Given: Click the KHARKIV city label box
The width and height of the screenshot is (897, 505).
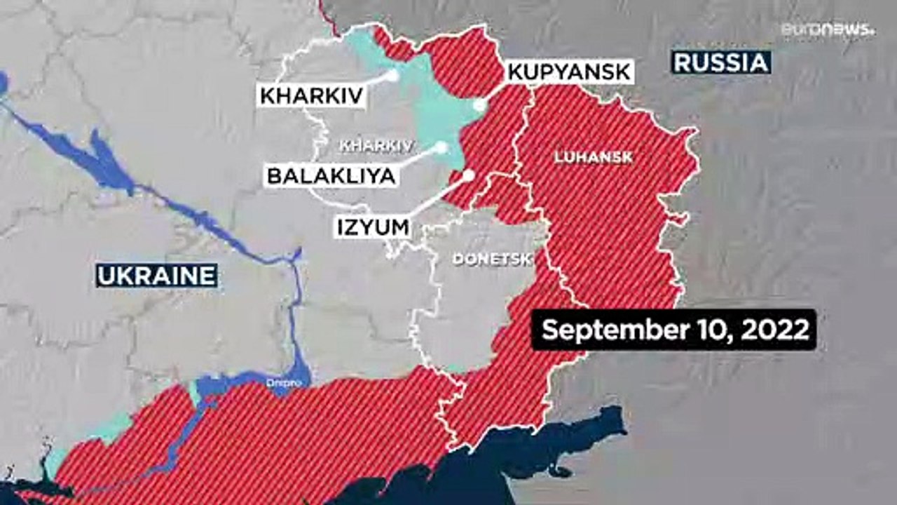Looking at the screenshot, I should [313, 95].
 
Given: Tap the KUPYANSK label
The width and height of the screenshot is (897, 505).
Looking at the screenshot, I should [569, 72].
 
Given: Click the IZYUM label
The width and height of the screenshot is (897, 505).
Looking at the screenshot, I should [373, 228].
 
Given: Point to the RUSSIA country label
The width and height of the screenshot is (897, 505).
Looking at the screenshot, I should [721, 62].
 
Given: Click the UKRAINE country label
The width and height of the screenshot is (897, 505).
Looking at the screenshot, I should [156, 276].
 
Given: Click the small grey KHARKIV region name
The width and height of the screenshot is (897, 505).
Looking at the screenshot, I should [374, 145].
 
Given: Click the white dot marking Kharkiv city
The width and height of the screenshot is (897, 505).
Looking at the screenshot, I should [393, 74].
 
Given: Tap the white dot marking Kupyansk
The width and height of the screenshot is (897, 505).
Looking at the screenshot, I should [479, 105].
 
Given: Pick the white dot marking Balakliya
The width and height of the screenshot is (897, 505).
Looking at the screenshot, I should [441, 147].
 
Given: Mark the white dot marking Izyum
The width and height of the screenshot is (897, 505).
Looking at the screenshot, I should [469, 175].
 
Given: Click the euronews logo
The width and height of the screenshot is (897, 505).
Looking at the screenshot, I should [828, 29].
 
